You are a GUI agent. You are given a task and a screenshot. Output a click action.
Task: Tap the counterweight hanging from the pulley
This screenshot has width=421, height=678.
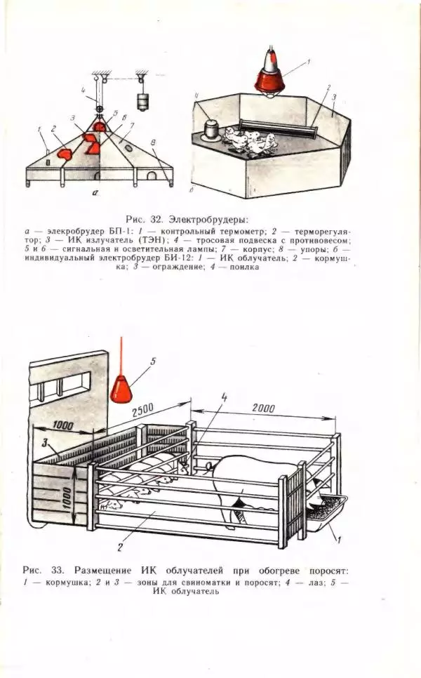tap(145, 102)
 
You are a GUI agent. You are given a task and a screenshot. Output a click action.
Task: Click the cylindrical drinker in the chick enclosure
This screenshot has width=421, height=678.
tap(209, 131)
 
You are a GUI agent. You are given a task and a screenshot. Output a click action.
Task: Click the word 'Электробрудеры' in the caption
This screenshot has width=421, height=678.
tap(208, 219)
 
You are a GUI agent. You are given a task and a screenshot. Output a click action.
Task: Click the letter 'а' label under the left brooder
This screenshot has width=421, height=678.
tap(95, 198)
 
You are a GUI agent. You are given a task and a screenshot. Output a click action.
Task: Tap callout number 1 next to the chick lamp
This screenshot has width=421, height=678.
tap(307, 63)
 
